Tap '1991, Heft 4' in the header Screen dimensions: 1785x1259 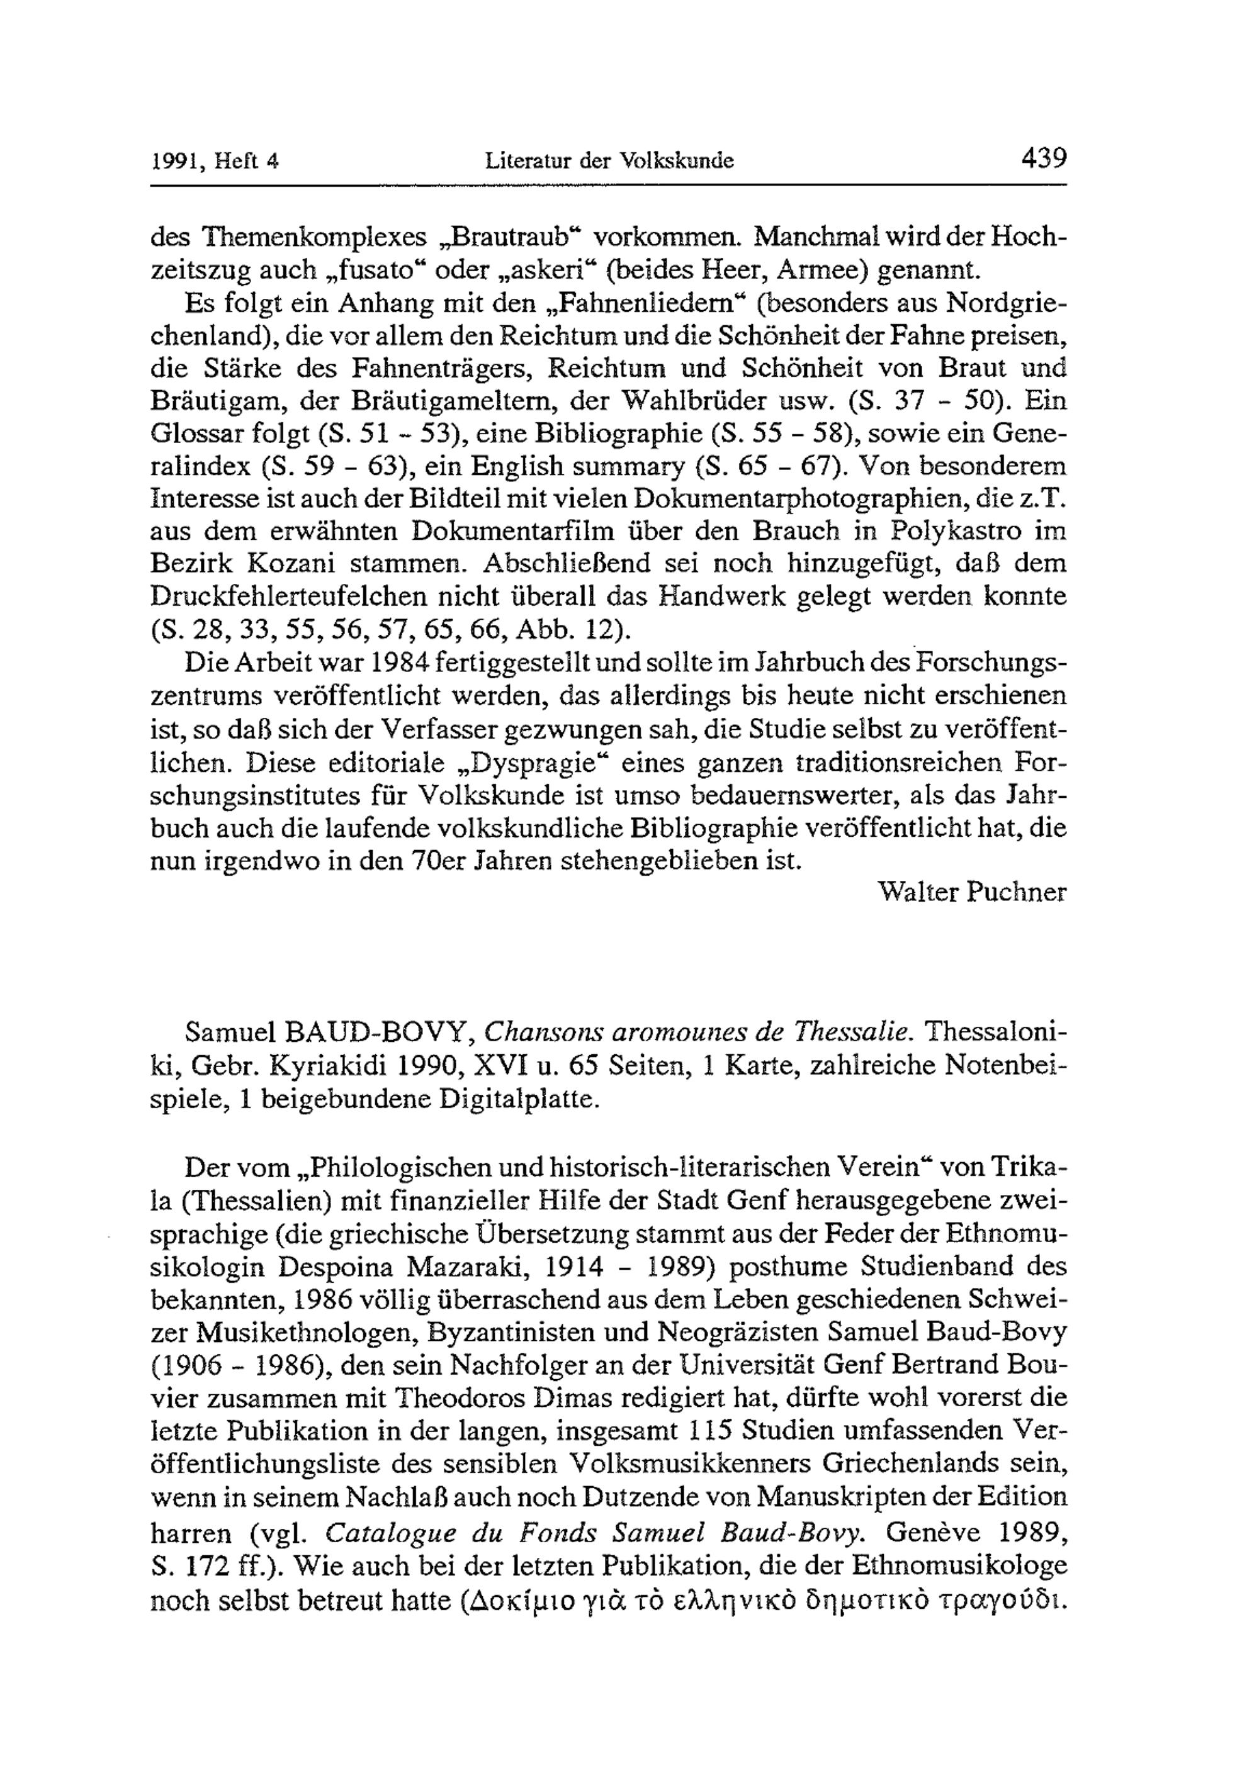214,162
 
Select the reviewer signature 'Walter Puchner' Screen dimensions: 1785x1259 971,892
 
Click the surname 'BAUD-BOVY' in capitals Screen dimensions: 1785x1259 376,1032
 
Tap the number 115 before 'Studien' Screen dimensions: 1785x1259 713,1433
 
